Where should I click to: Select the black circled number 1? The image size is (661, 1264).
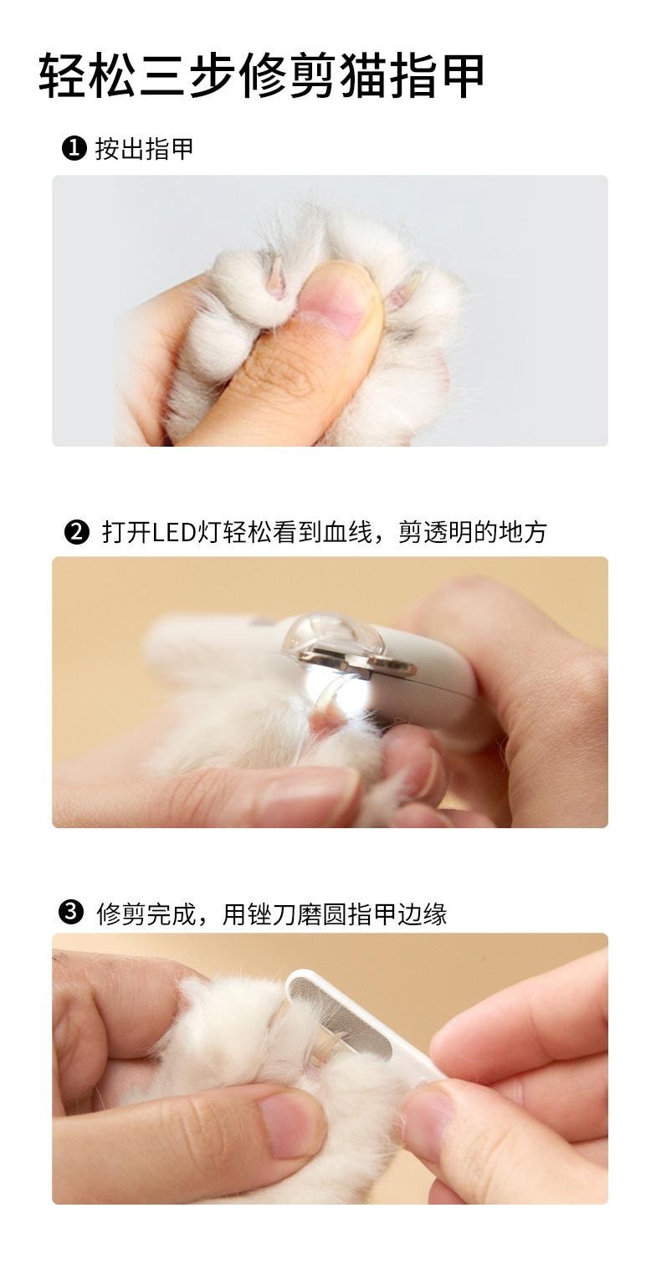[74, 149]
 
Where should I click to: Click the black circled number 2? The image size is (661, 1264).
[76, 531]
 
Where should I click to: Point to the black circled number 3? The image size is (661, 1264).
[73, 913]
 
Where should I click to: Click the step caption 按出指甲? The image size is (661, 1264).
[144, 149]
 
